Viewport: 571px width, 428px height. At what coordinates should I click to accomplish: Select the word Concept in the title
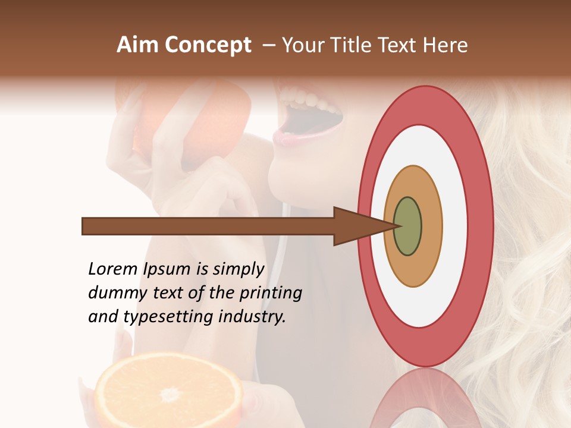208,45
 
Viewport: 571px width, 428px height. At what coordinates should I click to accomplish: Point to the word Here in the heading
446,45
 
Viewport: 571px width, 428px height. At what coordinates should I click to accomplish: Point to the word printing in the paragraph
271,293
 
